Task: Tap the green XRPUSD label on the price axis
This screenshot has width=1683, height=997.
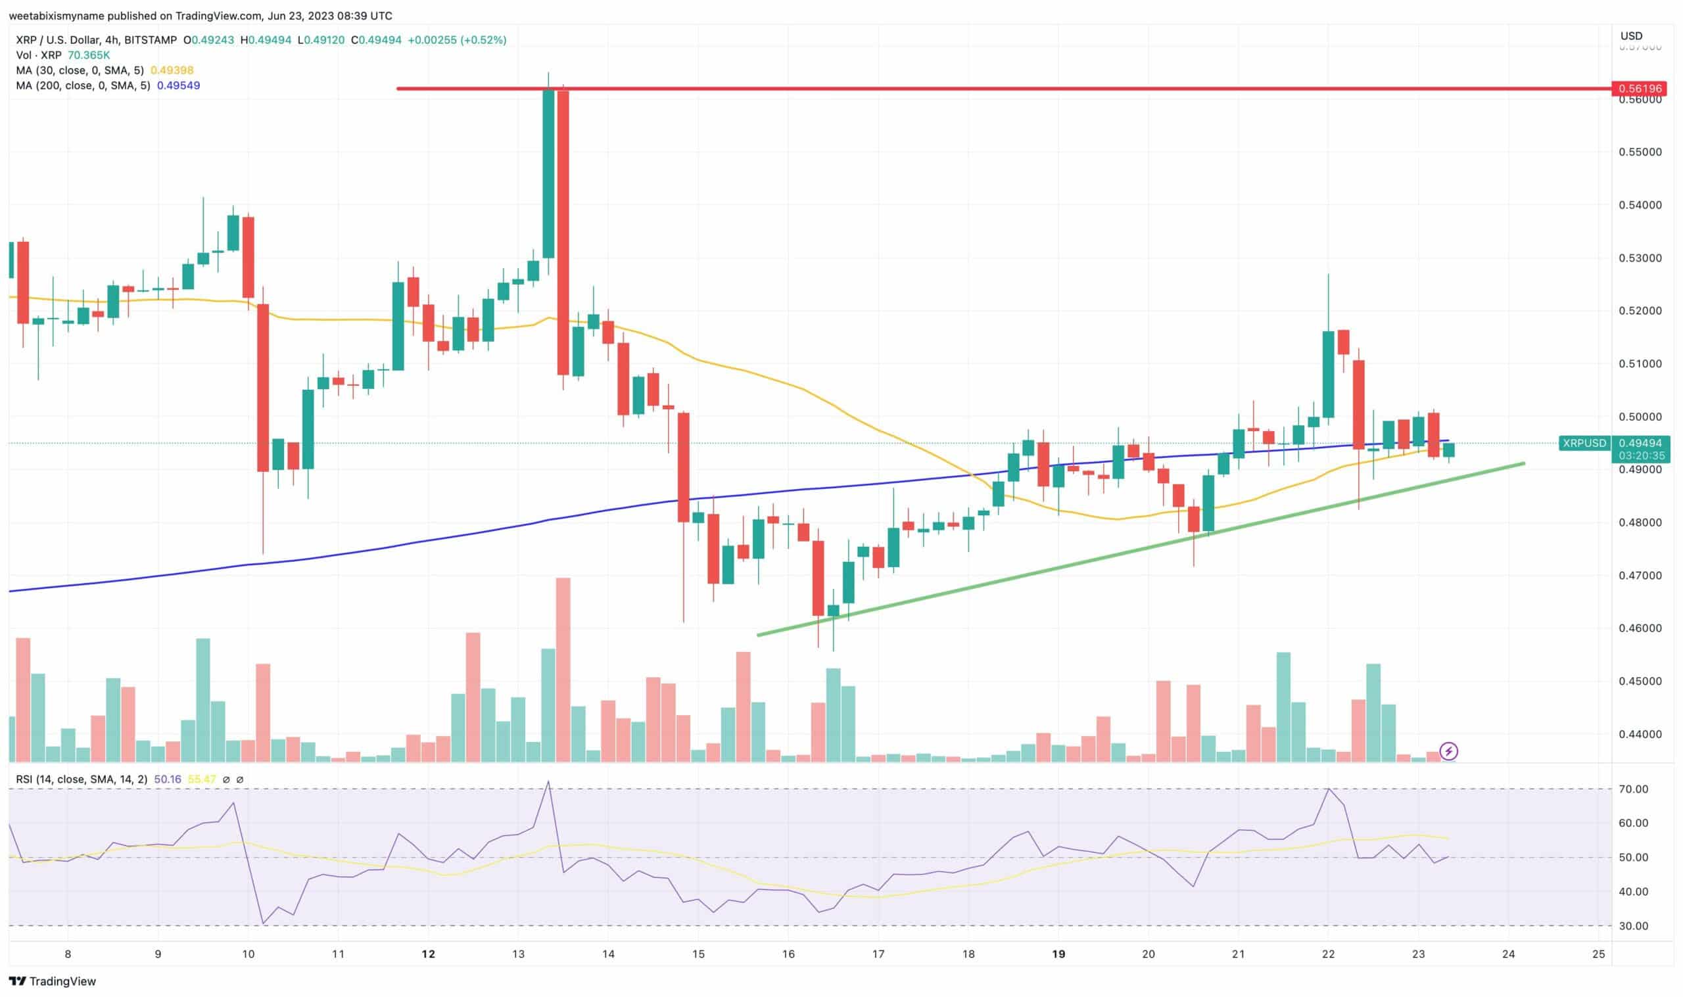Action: (1584, 443)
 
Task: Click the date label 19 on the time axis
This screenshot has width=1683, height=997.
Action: (1058, 954)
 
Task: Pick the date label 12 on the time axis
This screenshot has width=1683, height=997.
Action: (428, 954)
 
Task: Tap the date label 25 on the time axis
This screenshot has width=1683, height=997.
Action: (1598, 954)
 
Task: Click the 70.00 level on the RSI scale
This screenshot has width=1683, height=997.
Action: (1633, 789)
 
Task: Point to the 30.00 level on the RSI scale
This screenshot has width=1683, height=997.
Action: (1633, 926)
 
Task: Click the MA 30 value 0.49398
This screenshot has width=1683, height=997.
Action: (172, 70)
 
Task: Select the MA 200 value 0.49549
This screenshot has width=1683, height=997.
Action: (178, 86)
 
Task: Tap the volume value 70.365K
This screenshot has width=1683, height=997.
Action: (89, 55)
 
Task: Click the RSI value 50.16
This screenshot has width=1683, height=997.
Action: (167, 779)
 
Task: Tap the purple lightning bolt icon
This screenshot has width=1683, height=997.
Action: (1449, 751)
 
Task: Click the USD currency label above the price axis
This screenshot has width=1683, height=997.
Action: (1631, 36)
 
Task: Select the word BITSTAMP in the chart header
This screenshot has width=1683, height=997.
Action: (151, 40)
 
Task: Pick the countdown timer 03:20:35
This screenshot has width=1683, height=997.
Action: (1642, 455)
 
